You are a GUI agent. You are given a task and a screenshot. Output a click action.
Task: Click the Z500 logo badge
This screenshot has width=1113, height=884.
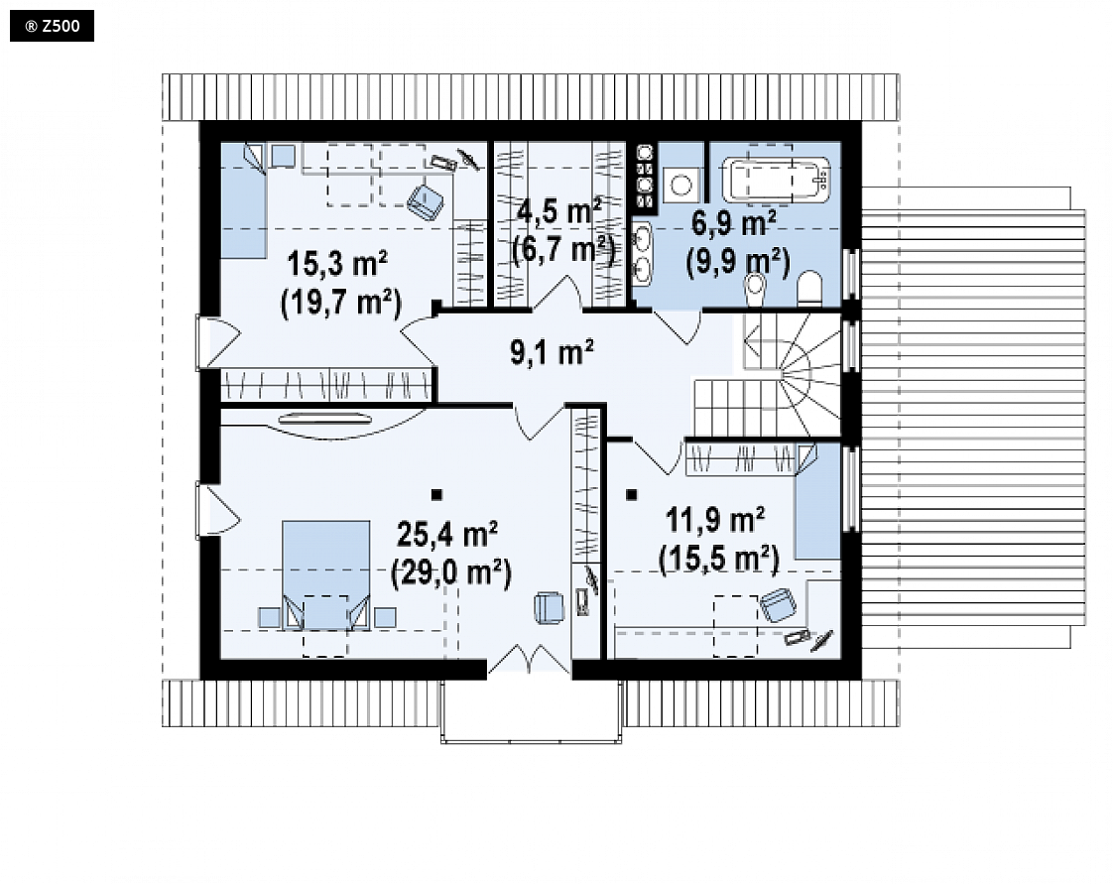pyautogui.click(x=52, y=27)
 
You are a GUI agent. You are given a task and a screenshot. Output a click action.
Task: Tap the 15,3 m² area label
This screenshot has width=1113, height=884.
pyautogui.click(x=337, y=264)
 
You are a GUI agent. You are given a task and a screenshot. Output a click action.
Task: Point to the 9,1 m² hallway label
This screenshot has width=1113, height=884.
pyautogui.click(x=553, y=352)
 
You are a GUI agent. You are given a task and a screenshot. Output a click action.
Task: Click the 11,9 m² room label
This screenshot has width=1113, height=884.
pyautogui.click(x=715, y=521)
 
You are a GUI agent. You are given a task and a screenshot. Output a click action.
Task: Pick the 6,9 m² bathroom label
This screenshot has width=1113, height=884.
pyautogui.click(x=733, y=223)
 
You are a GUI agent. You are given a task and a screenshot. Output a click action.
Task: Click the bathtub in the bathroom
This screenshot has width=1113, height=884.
pyautogui.click(x=776, y=179)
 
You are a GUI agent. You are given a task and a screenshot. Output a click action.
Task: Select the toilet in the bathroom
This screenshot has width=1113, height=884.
pyautogui.click(x=809, y=290)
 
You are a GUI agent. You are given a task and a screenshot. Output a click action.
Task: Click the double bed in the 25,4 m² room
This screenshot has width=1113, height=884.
pyautogui.click(x=325, y=575)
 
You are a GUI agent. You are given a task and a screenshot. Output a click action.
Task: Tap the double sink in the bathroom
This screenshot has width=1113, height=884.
pyautogui.click(x=642, y=251)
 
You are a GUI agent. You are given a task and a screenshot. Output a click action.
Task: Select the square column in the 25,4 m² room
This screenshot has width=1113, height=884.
pyautogui.click(x=436, y=495)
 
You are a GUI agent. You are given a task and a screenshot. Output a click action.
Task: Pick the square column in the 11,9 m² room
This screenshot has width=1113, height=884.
pyautogui.click(x=632, y=495)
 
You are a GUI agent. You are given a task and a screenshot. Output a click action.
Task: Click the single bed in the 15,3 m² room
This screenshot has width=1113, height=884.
pyautogui.click(x=243, y=201)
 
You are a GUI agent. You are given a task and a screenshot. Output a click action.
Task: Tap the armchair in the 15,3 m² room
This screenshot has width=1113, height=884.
pyautogui.click(x=426, y=201)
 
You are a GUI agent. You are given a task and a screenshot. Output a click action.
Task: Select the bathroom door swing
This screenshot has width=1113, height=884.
pyautogui.click(x=678, y=326)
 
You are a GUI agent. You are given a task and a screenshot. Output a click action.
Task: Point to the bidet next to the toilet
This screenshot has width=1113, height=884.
pyautogui.click(x=755, y=288)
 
